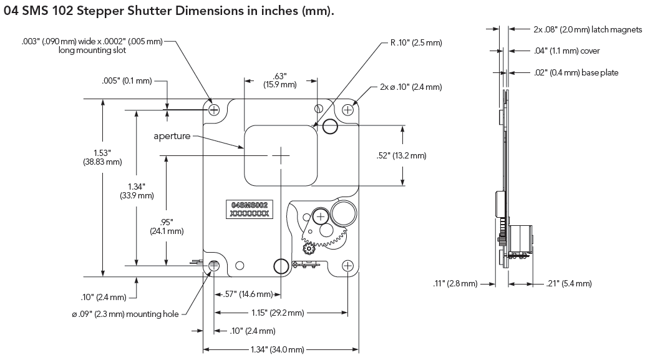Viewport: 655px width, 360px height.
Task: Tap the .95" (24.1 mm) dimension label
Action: [166, 226]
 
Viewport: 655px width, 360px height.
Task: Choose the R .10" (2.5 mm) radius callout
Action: [415, 43]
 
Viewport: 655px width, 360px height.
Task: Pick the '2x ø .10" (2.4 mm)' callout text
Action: [410, 87]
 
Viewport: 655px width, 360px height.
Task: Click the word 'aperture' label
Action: [172, 136]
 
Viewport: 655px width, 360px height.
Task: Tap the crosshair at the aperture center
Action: [281, 155]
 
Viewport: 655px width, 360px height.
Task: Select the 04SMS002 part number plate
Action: [250, 209]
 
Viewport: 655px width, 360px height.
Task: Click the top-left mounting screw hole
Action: [215, 110]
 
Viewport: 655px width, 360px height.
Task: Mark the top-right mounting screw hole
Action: [347, 110]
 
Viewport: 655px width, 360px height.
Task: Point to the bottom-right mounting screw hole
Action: [347, 265]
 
